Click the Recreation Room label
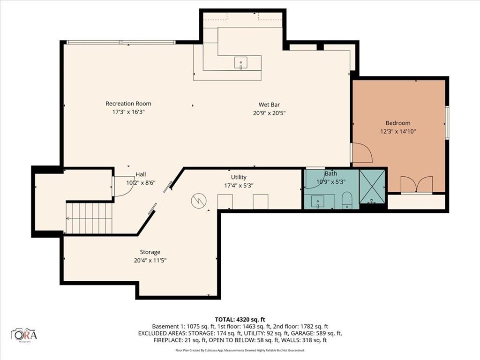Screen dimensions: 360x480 (128, 104)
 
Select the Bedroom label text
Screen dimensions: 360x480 (397, 123)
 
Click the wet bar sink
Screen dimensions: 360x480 (241, 62)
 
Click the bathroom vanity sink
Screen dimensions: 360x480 (319, 202)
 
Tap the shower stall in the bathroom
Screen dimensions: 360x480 (372, 186)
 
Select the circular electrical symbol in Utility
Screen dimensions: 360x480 (198, 201)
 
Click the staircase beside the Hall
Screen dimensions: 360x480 (89, 218)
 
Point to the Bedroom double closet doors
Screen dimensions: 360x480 (416, 185)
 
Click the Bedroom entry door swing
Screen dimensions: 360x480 (362, 153)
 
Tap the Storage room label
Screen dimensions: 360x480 (150, 252)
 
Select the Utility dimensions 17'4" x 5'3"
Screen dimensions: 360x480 (239, 185)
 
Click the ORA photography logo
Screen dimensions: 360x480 (24, 335)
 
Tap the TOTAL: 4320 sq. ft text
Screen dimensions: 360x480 (240, 319)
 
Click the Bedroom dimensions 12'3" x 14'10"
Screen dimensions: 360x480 (397, 131)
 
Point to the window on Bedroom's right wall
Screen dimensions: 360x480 (447, 122)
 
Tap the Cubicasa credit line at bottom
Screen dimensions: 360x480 (240, 350)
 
